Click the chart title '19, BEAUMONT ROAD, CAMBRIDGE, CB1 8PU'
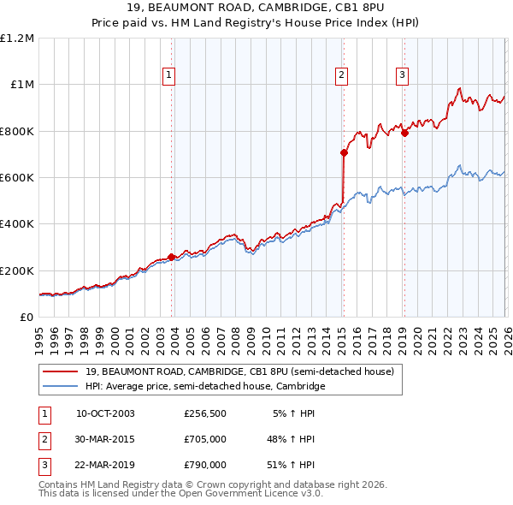[x=256, y=9]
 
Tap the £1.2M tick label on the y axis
[x=17, y=39]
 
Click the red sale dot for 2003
[x=172, y=257]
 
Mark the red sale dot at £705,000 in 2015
[x=344, y=153]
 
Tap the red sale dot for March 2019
[x=404, y=133]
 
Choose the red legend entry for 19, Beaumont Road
[x=239, y=372]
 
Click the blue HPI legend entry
[x=205, y=387]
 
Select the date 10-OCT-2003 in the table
[x=105, y=413]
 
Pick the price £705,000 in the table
[x=205, y=439]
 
